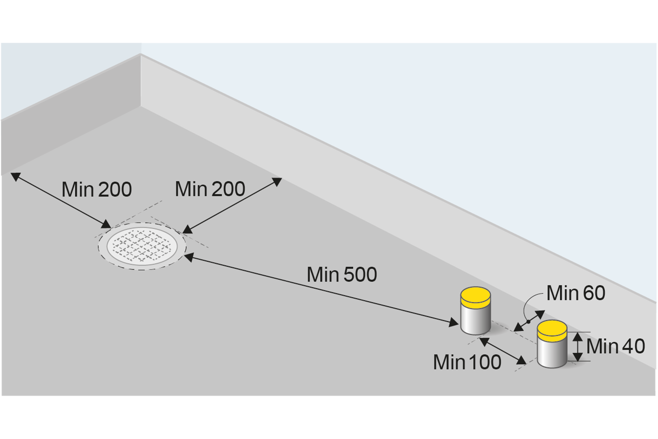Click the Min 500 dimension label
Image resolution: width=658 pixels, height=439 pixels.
click(x=342, y=275)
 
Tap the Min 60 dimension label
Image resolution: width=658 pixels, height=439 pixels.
click(x=576, y=293)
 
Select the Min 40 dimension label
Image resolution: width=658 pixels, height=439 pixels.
click(x=615, y=346)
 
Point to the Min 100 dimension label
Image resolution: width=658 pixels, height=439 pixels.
click(x=467, y=362)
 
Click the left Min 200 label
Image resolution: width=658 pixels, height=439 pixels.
click(x=97, y=189)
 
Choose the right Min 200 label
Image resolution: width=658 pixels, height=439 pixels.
click(x=210, y=189)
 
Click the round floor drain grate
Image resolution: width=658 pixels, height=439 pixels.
click(x=142, y=246)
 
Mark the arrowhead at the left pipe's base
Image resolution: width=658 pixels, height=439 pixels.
click(x=454, y=323)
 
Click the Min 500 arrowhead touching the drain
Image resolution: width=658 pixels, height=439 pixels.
click(x=189, y=257)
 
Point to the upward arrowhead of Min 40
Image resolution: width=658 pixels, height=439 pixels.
click(x=578, y=336)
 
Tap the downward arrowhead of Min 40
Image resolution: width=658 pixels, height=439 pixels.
click(x=578, y=357)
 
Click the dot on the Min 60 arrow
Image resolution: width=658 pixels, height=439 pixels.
click(x=528, y=322)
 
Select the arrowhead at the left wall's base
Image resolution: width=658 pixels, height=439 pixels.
click(x=15, y=177)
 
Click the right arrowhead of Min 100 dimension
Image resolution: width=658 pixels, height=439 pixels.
click(x=521, y=361)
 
